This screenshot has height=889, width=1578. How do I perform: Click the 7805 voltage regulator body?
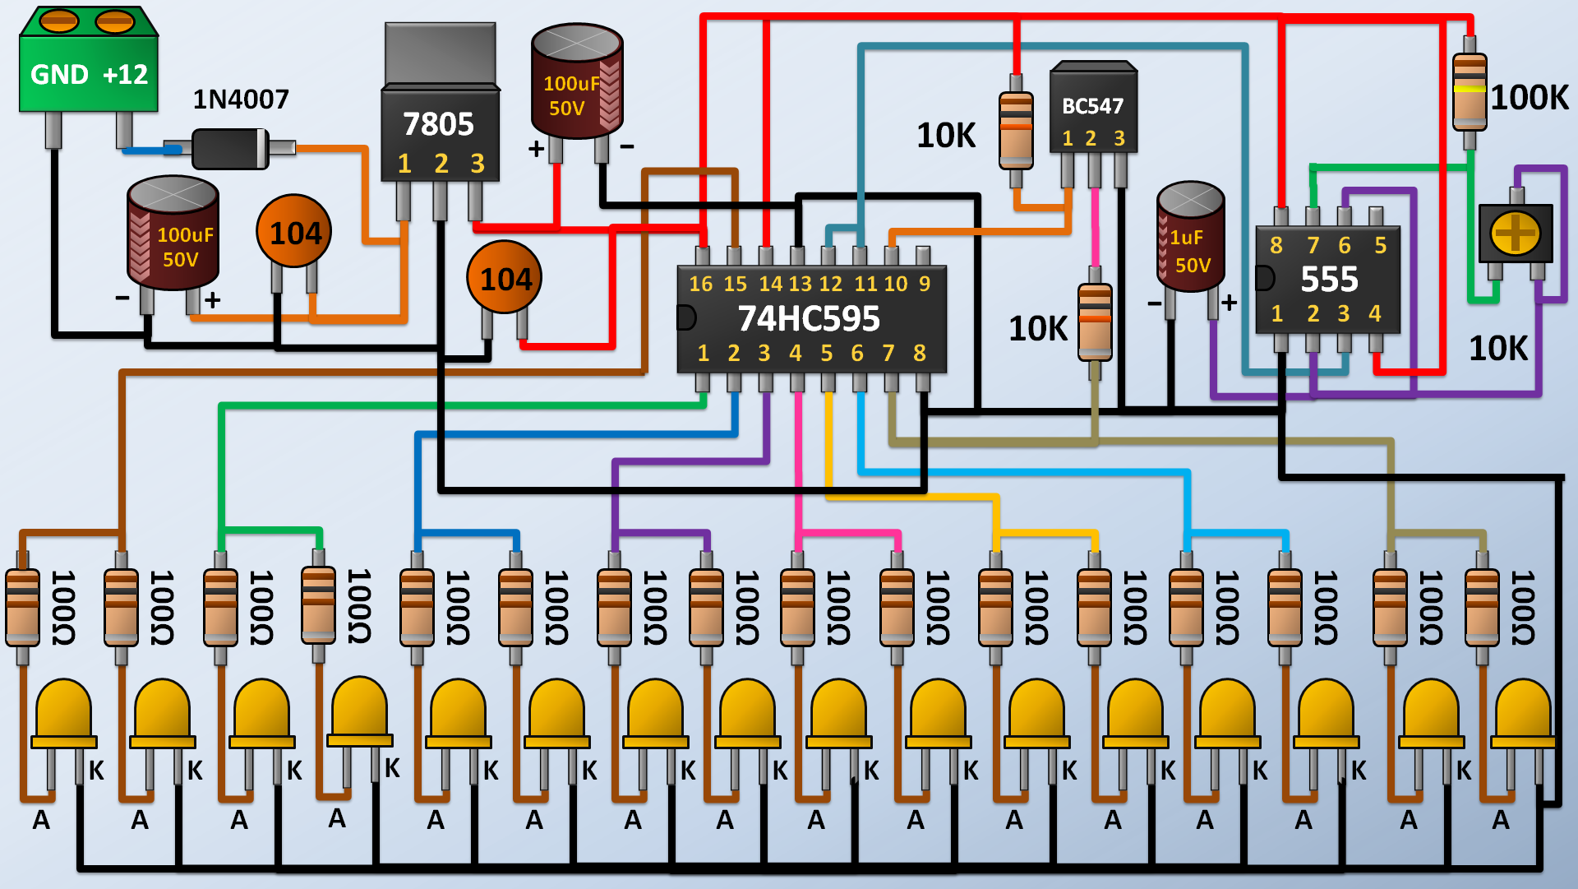(x=440, y=132)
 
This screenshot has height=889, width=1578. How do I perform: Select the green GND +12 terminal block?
(x=89, y=74)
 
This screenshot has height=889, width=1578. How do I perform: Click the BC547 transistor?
(x=1093, y=111)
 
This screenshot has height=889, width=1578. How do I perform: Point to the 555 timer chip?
(x=1327, y=280)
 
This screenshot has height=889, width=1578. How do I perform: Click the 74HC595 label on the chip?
(x=809, y=319)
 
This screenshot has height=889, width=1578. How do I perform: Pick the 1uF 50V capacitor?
(x=1190, y=238)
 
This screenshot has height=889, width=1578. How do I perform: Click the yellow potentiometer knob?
(x=1516, y=233)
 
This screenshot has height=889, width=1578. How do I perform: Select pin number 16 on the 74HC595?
(x=700, y=284)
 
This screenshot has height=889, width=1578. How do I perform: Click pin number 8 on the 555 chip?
(x=1276, y=245)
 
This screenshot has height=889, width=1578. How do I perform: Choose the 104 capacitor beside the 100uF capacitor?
(x=294, y=232)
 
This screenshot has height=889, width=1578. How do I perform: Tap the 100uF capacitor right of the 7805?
(x=577, y=82)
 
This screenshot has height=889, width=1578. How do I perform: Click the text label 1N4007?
(x=241, y=100)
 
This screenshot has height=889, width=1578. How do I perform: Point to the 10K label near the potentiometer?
(x=1498, y=349)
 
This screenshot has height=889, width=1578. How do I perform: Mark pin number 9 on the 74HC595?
(x=925, y=284)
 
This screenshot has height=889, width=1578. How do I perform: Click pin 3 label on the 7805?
(x=478, y=164)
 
